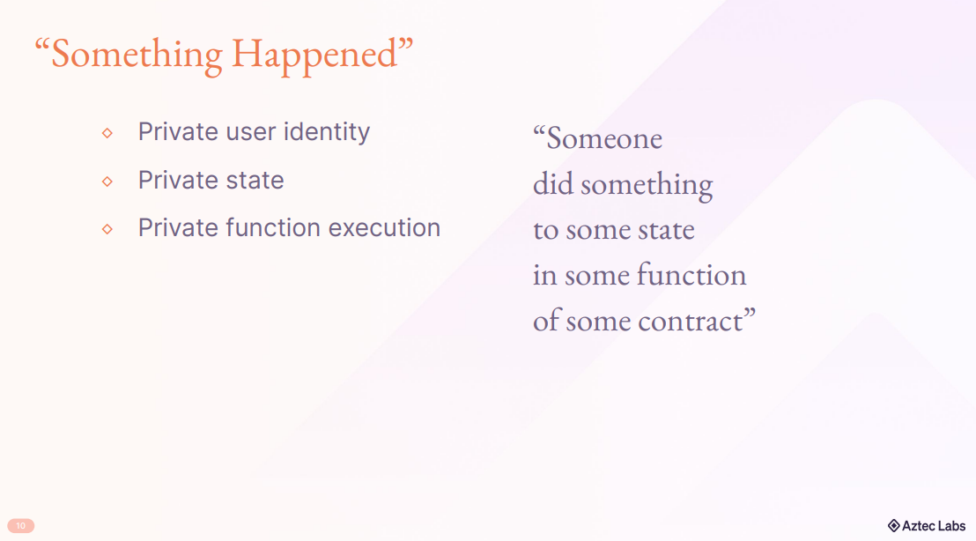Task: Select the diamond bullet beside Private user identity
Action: click(107, 132)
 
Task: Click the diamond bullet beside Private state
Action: click(107, 182)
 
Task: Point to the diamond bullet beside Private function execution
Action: click(107, 229)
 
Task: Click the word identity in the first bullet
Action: click(327, 132)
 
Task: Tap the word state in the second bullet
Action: click(255, 181)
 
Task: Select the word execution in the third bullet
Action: click(384, 228)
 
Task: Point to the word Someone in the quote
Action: click(603, 138)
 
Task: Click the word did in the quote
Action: click(552, 183)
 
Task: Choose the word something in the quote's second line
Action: click(647, 186)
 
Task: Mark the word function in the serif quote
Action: click(691, 275)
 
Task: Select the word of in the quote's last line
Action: click(546, 320)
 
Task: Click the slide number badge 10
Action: click(20, 526)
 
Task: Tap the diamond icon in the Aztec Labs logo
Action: click(894, 526)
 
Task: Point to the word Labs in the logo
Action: click(951, 526)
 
